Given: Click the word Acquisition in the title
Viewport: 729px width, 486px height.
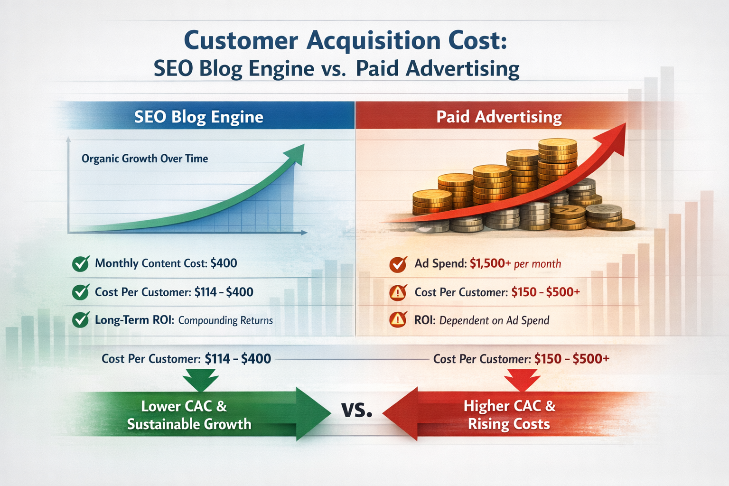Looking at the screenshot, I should tap(374, 40).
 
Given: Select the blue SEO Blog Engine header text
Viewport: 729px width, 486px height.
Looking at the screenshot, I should tap(198, 117).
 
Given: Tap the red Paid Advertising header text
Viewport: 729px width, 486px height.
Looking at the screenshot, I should tap(499, 117).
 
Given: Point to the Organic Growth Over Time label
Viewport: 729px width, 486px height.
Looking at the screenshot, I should tap(145, 159).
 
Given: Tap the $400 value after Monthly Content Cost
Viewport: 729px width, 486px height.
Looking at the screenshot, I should tap(224, 263).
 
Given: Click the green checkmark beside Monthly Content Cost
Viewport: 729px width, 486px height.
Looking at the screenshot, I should tap(81, 263).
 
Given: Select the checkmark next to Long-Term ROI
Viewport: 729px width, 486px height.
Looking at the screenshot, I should tap(81, 320).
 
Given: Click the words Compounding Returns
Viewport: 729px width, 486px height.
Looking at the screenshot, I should tap(225, 320).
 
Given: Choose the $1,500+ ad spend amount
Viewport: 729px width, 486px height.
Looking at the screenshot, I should tap(490, 263).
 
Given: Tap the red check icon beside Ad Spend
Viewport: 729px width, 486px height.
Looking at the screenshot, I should tap(397, 264).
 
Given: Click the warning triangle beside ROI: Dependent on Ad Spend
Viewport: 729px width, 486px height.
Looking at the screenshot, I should tap(397, 320).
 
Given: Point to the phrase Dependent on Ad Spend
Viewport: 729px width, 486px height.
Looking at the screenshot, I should tap(494, 320).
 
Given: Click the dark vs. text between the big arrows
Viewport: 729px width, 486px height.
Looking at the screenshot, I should tap(357, 409).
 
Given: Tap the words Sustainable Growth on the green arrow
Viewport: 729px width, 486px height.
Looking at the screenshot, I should tap(189, 424).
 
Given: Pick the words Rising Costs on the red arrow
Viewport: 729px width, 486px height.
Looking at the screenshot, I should tap(509, 424).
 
